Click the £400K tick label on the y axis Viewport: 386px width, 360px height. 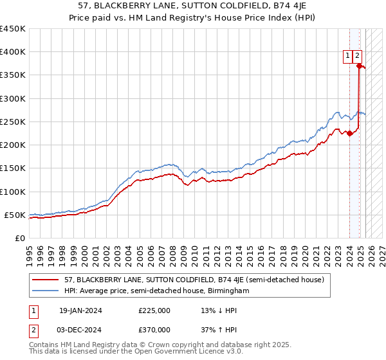coord(12,52)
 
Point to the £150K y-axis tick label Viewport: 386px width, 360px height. coord(12,168)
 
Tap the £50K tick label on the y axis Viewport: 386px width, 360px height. coord(15,215)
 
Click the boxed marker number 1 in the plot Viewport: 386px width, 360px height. coord(347,56)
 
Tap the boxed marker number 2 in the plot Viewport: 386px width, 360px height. coord(358,56)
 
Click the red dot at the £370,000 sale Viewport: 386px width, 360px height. coord(359,66)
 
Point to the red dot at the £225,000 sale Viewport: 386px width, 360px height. coord(350,133)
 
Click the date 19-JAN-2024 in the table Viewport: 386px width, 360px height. coord(80,310)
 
